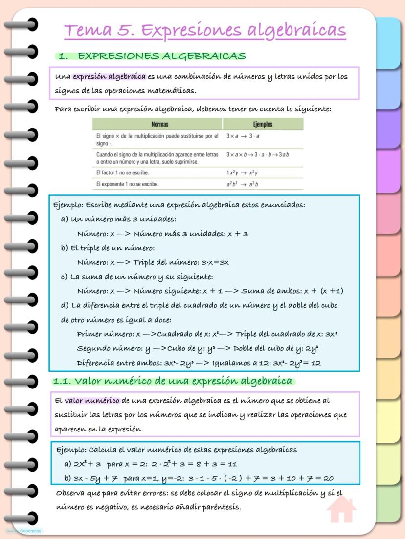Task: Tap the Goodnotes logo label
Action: point(24,531)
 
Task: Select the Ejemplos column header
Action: point(263,124)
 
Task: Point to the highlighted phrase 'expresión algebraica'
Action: point(109,76)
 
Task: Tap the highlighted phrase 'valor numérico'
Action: point(92,401)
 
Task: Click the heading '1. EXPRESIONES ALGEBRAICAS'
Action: point(152,56)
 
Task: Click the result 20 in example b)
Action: point(328,478)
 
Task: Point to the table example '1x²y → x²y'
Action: point(242,172)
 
